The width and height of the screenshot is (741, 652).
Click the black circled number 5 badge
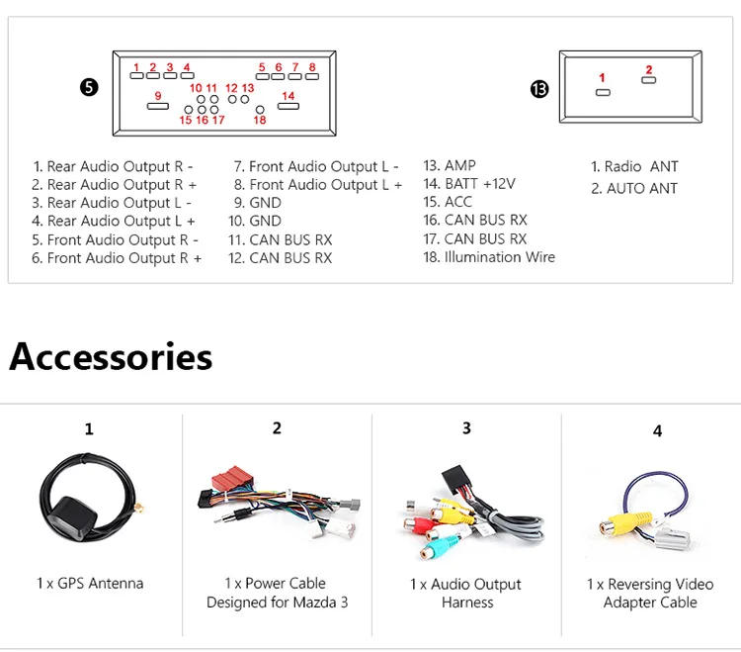(x=89, y=87)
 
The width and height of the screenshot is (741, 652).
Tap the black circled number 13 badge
(x=539, y=89)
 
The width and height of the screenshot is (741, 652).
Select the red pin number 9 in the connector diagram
(x=158, y=96)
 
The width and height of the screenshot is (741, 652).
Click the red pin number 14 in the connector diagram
(x=288, y=96)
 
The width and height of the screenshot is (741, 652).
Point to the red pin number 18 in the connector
(x=260, y=120)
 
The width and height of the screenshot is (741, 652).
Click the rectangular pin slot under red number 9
(x=158, y=106)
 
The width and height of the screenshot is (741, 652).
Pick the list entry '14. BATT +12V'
(x=469, y=184)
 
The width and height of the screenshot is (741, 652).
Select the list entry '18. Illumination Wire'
(x=489, y=257)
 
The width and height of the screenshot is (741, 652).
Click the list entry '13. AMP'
(x=450, y=165)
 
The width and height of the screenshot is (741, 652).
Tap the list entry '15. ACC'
(x=448, y=202)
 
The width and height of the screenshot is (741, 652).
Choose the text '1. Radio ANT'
(x=634, y=166)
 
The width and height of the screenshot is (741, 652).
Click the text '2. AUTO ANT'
(x=634, y=188)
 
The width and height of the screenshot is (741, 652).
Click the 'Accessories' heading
(x=111, y=357)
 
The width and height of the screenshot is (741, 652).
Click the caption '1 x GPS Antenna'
(x=90, y=584)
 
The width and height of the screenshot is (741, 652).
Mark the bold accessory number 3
(x=466, y=428)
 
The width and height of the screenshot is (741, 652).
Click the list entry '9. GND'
(x=258, y=203)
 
